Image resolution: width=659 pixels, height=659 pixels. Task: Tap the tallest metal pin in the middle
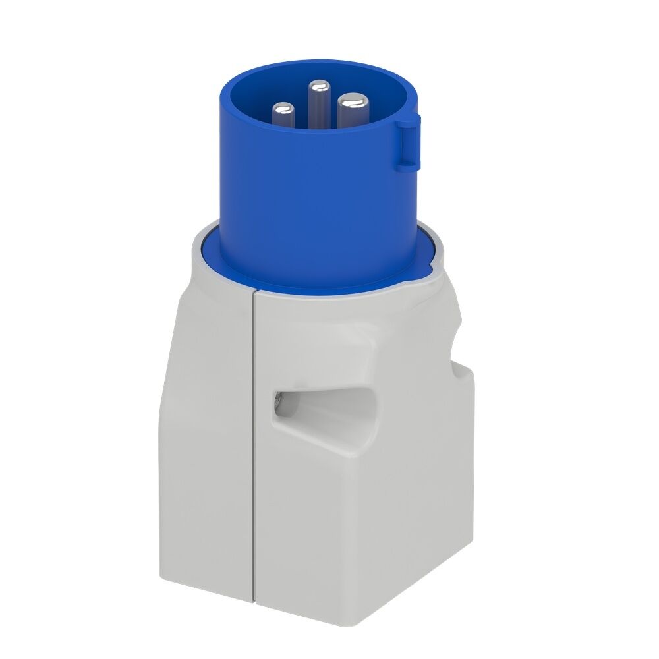[x=319, y=105]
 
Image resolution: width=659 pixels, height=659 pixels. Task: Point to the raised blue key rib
[x=408, y=142]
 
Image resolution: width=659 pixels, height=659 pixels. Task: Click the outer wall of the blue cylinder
[x=316, y=211]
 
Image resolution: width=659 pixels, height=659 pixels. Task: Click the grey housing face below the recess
[x=329, y=527]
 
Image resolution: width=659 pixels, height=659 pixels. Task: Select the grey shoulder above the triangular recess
[x=316, y=343]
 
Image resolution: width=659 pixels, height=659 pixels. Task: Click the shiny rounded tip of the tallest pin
[x=319, y=86]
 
